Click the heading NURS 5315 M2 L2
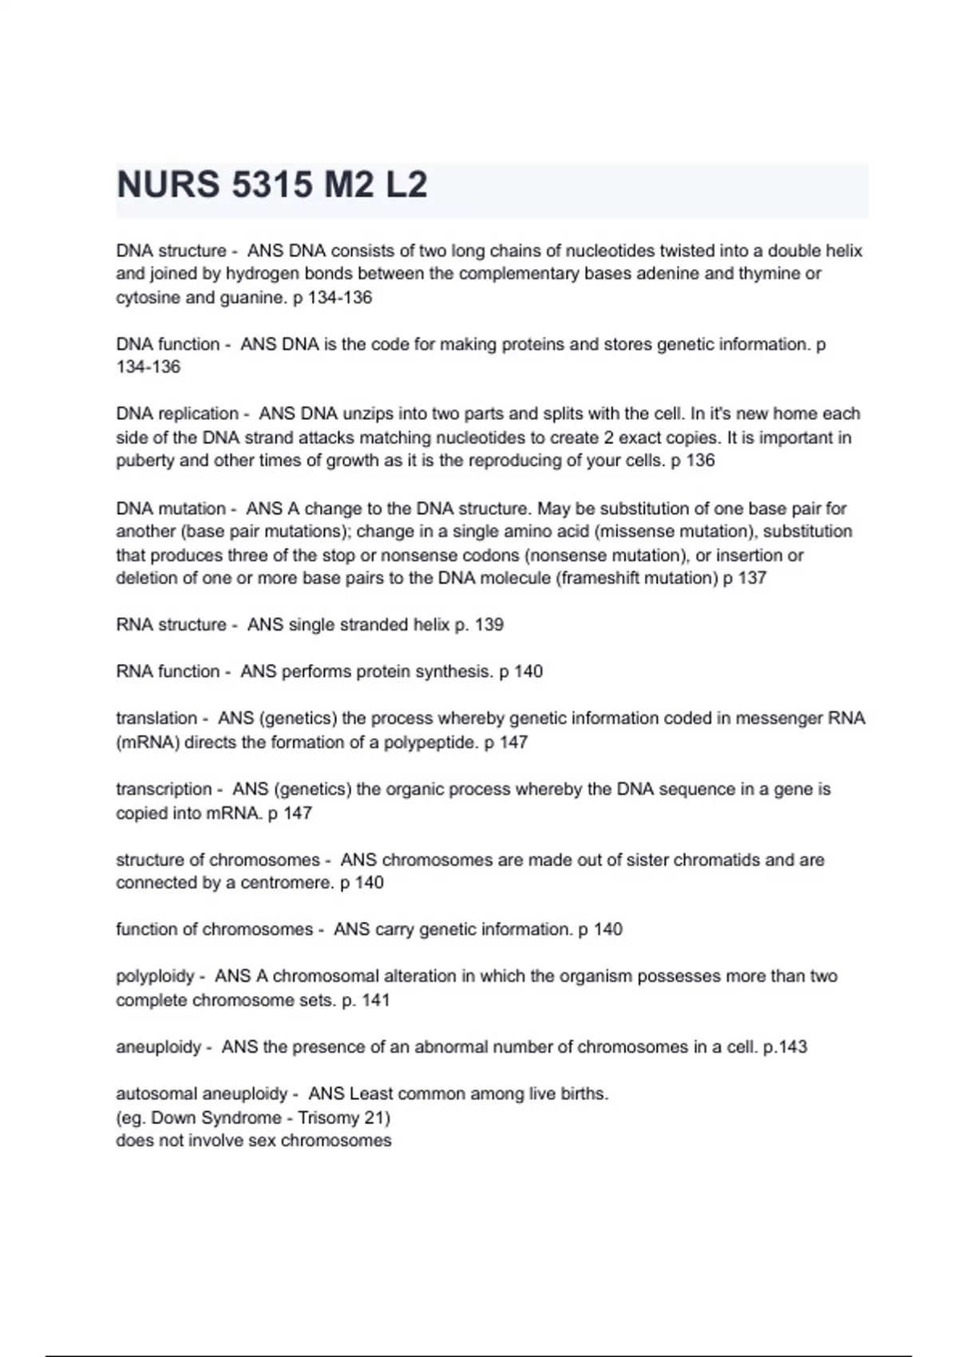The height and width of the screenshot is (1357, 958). coord(272,185)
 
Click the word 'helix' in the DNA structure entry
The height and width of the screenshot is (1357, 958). coord(843,251)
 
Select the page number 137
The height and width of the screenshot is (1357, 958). coord(752,578)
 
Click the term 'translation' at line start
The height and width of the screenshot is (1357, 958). coord(156,718)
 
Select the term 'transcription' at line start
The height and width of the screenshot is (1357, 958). coord(164,789)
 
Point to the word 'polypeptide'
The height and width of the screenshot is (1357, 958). coord(431,742)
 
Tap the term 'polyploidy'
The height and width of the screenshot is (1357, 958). coord(155,976)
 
